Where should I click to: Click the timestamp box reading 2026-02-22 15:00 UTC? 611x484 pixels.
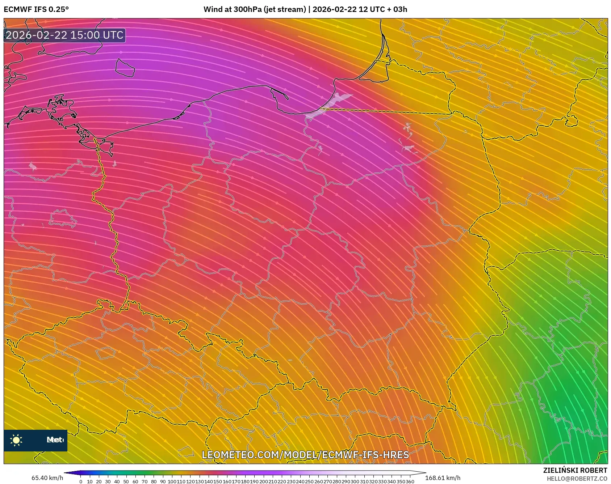pyautogui.click(x=64, y=35)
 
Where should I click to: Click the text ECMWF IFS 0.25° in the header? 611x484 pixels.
pyautogui.click(x=36, y=9)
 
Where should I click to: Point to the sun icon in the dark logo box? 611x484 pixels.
pyautogui.click(x=16, y=440)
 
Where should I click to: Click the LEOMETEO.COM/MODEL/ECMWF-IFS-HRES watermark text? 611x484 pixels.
pyautogui.click(x=305, y=455)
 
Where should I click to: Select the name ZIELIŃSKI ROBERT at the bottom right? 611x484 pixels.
pyautogui.click(x=575, y=470)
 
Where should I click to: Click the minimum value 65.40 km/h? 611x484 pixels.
pyautogui.click(x=47, y=478)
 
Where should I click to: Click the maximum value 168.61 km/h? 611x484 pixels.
pyautogui.click(x=443, y=478)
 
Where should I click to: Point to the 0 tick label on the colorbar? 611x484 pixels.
pyautogui.click(x=81, y=481)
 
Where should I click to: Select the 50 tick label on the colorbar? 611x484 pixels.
pyautogui.click(x=126, y=481)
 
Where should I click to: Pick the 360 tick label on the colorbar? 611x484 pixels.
pyautogui.click(x=410, y=481)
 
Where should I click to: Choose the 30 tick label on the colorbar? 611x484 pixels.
pyautogui.click(x=108, y=481)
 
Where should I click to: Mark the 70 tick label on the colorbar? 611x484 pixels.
pyautogui.click(x=145, y=481)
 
